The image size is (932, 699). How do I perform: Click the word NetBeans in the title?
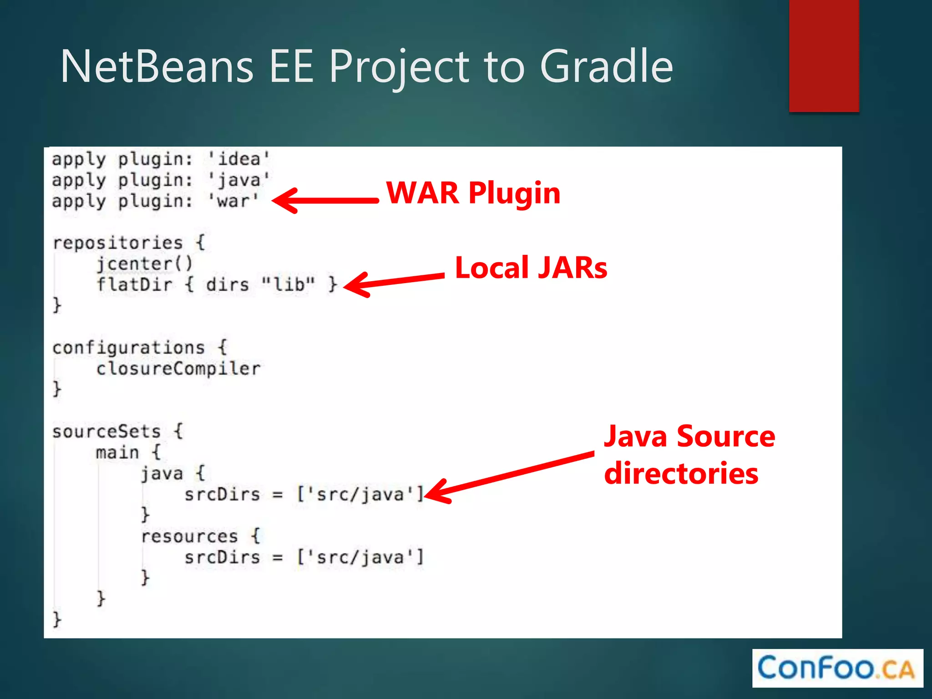(157, 67)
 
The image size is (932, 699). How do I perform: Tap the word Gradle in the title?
(606, 67)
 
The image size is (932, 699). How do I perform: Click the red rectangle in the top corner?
(824, 56)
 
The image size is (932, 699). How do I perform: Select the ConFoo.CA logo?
(837, 668)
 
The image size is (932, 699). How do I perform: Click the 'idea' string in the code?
(239, 159)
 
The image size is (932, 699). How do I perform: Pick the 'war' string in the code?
(233, 201)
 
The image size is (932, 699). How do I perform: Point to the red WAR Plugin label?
(473, 193)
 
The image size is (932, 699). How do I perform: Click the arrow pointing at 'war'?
(325, 200)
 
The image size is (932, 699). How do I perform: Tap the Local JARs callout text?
(531, 268)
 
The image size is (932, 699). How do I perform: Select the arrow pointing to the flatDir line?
(394, 282)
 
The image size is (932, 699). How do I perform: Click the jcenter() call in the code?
(145, 263)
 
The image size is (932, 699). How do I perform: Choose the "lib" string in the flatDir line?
(288, 284)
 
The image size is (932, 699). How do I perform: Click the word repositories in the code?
(118, 243)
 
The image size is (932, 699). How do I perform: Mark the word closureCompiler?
(178, 368)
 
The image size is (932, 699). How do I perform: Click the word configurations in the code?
(129, 348)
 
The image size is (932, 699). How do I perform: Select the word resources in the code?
(189, 536)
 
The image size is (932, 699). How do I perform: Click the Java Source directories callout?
(689, 455)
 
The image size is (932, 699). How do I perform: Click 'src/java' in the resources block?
(360, 557)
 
